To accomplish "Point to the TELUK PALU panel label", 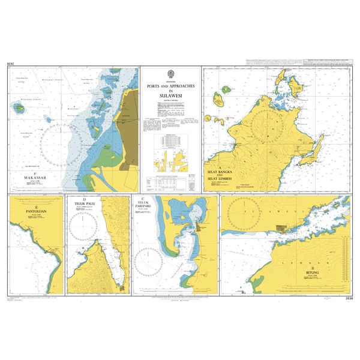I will [85, 203].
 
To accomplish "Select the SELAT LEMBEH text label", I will [220, 182].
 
